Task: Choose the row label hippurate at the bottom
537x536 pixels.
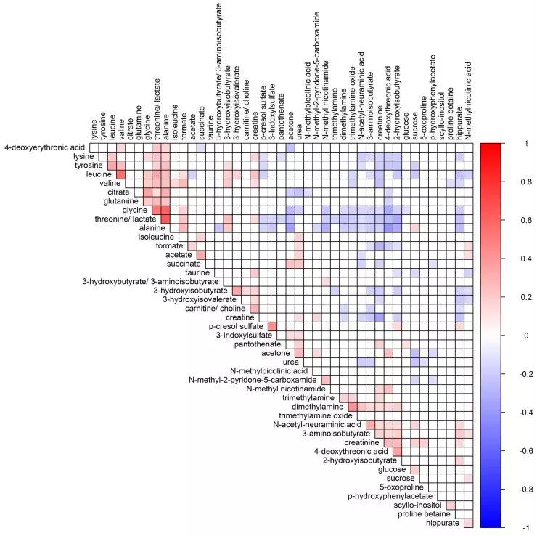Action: [443, 523]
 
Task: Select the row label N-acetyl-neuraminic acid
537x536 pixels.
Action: [317, 424]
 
